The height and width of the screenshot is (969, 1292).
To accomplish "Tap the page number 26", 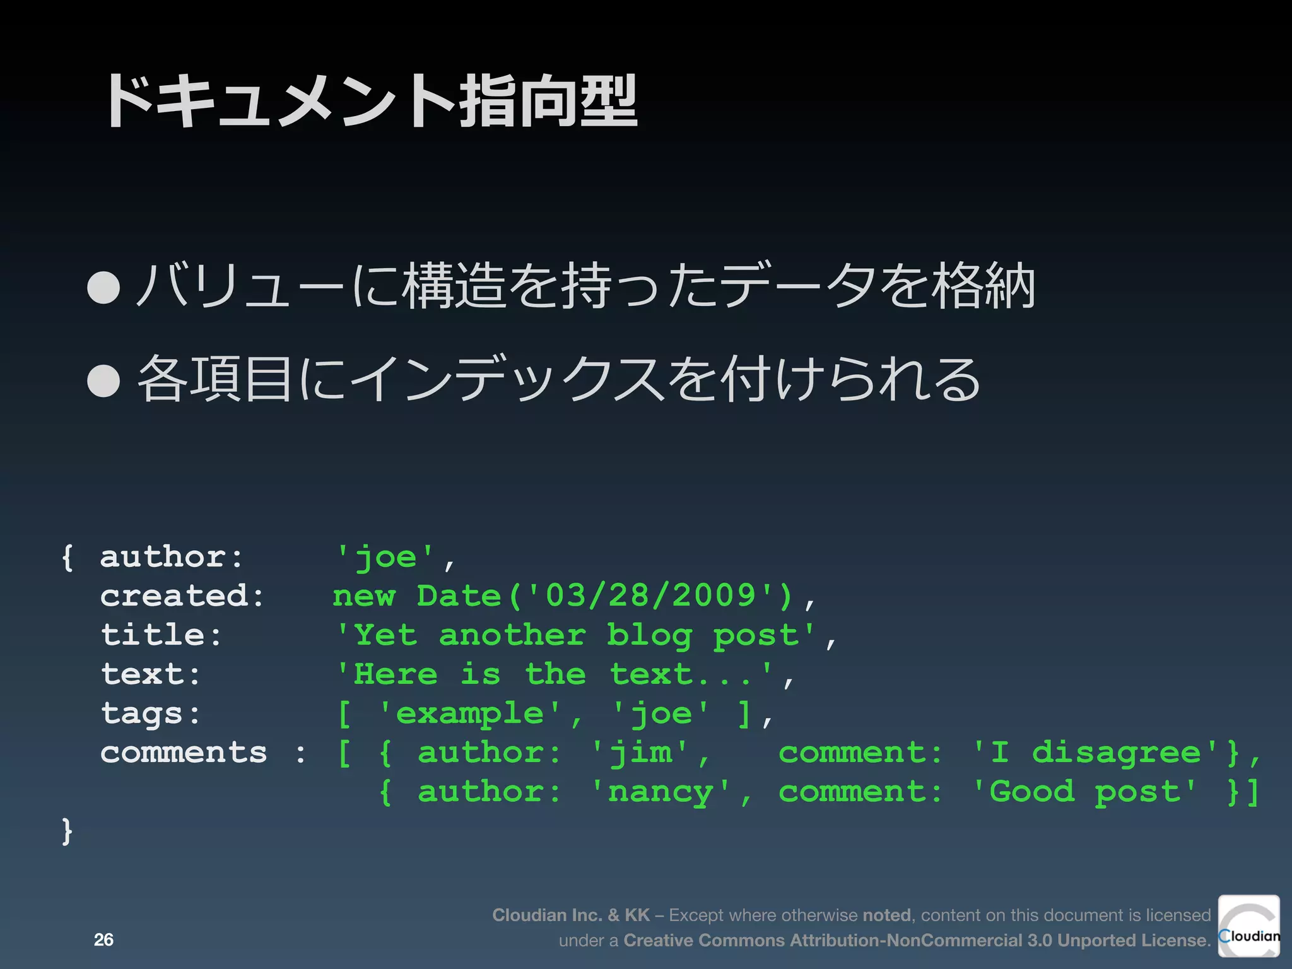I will (103, 939).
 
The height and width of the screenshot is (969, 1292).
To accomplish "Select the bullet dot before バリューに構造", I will (103, 288).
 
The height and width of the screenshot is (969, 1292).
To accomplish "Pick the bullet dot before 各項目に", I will (103, 380).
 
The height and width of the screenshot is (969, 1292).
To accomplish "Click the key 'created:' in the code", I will (182, 596).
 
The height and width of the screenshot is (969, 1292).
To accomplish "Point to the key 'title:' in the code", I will (161, 635).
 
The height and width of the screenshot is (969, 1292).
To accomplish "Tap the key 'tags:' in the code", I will (150, 714).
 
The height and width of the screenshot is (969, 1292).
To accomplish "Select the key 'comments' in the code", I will (184, 753).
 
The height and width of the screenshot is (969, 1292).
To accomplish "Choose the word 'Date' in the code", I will (459, 596).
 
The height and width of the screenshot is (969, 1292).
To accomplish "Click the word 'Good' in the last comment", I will (1031, 792).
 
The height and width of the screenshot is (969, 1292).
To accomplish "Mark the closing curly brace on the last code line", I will (68, 831).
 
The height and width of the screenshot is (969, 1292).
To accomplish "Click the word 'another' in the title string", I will (512, 635).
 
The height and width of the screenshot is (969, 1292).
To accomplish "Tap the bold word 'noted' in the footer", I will (886, 915).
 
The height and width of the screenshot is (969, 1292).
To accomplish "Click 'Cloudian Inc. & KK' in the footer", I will (571, 915).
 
